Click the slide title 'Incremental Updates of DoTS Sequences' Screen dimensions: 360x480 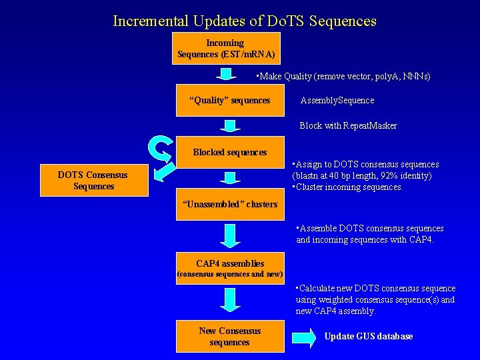[245, 21]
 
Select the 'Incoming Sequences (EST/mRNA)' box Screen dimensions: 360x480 [225, 48]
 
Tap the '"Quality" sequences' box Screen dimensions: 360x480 [229, 100]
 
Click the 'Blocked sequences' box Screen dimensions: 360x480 [229, 152]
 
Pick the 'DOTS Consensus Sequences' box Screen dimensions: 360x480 [94, 181]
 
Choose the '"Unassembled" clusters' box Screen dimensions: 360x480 [229, 204]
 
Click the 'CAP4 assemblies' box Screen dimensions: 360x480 [229, 268]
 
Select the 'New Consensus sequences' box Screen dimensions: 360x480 [229, 337]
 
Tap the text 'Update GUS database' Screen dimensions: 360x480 [368, 337]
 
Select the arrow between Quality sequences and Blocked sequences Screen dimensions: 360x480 [229, 126]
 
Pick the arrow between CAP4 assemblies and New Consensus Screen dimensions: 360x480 [229, 300]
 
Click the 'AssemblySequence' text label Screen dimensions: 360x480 [337, 100]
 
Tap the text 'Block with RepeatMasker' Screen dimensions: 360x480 [348, 125]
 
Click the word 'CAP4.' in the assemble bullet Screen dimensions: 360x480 [419, 240]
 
